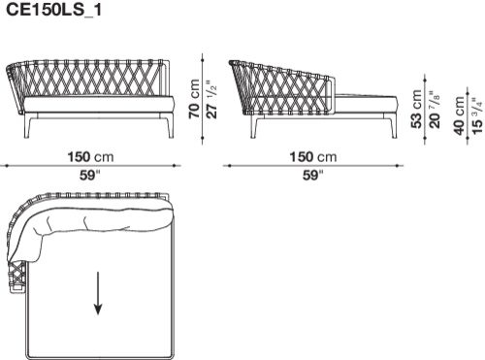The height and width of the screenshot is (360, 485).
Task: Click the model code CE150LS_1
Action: pos(54,10)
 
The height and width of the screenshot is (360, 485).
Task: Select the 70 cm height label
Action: pos(195,98)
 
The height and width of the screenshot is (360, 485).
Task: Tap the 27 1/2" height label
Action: pos(211,100)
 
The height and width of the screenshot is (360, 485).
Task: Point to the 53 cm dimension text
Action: pos(417,109)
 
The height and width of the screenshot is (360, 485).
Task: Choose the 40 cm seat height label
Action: pos(459,115)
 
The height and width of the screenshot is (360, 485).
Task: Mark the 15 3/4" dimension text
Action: pos(477,115)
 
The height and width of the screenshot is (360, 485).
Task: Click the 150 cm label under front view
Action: pos(90,157)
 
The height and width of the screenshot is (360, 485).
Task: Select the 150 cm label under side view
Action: pos(312,157)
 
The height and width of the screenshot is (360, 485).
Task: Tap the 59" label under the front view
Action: pos(90,176)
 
